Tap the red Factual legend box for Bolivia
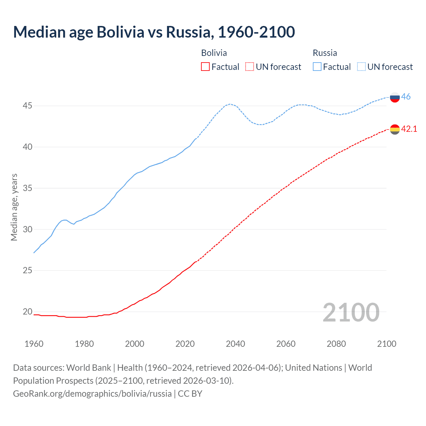pos(205,67)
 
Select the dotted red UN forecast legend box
pos(250,67)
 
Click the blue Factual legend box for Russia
pos(317,67)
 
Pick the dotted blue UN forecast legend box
pos(361,67)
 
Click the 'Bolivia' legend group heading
pos(214,53)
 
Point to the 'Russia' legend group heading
pos(325,53)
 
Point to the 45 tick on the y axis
pos(27,106)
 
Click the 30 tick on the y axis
pos(27,229)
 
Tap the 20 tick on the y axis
pos(27,312)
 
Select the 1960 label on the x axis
pos(34,344)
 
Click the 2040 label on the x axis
pos(235,344)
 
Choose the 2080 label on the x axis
pos(336,344)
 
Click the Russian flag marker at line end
pos(395,98)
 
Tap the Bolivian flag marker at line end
pos(395,129)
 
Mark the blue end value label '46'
pos(406,97)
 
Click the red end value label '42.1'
pos(409,129)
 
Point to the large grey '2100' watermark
pos(351,312)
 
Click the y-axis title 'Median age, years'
pos(14,207)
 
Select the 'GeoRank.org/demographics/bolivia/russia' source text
pos(92,394)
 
